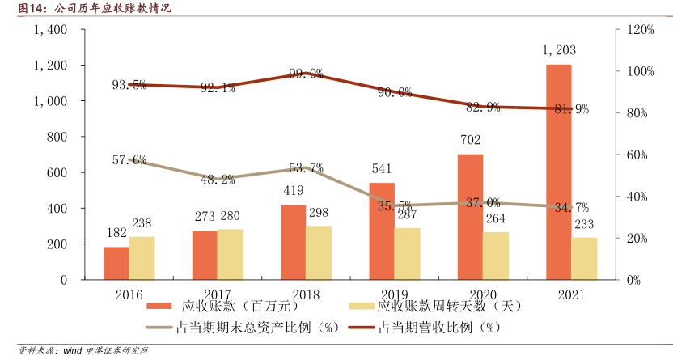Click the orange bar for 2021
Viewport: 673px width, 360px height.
tap(558, 172)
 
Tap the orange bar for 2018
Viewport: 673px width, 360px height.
tap(293, 242)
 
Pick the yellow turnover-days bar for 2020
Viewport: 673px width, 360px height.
tap(496, 256)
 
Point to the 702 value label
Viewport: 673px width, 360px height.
tap(471, 140)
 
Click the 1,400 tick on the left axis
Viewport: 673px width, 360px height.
tap(50, 29)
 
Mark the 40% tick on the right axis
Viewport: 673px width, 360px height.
tap(625, 197)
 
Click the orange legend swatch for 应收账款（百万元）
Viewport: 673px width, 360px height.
tap(159, 307)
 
